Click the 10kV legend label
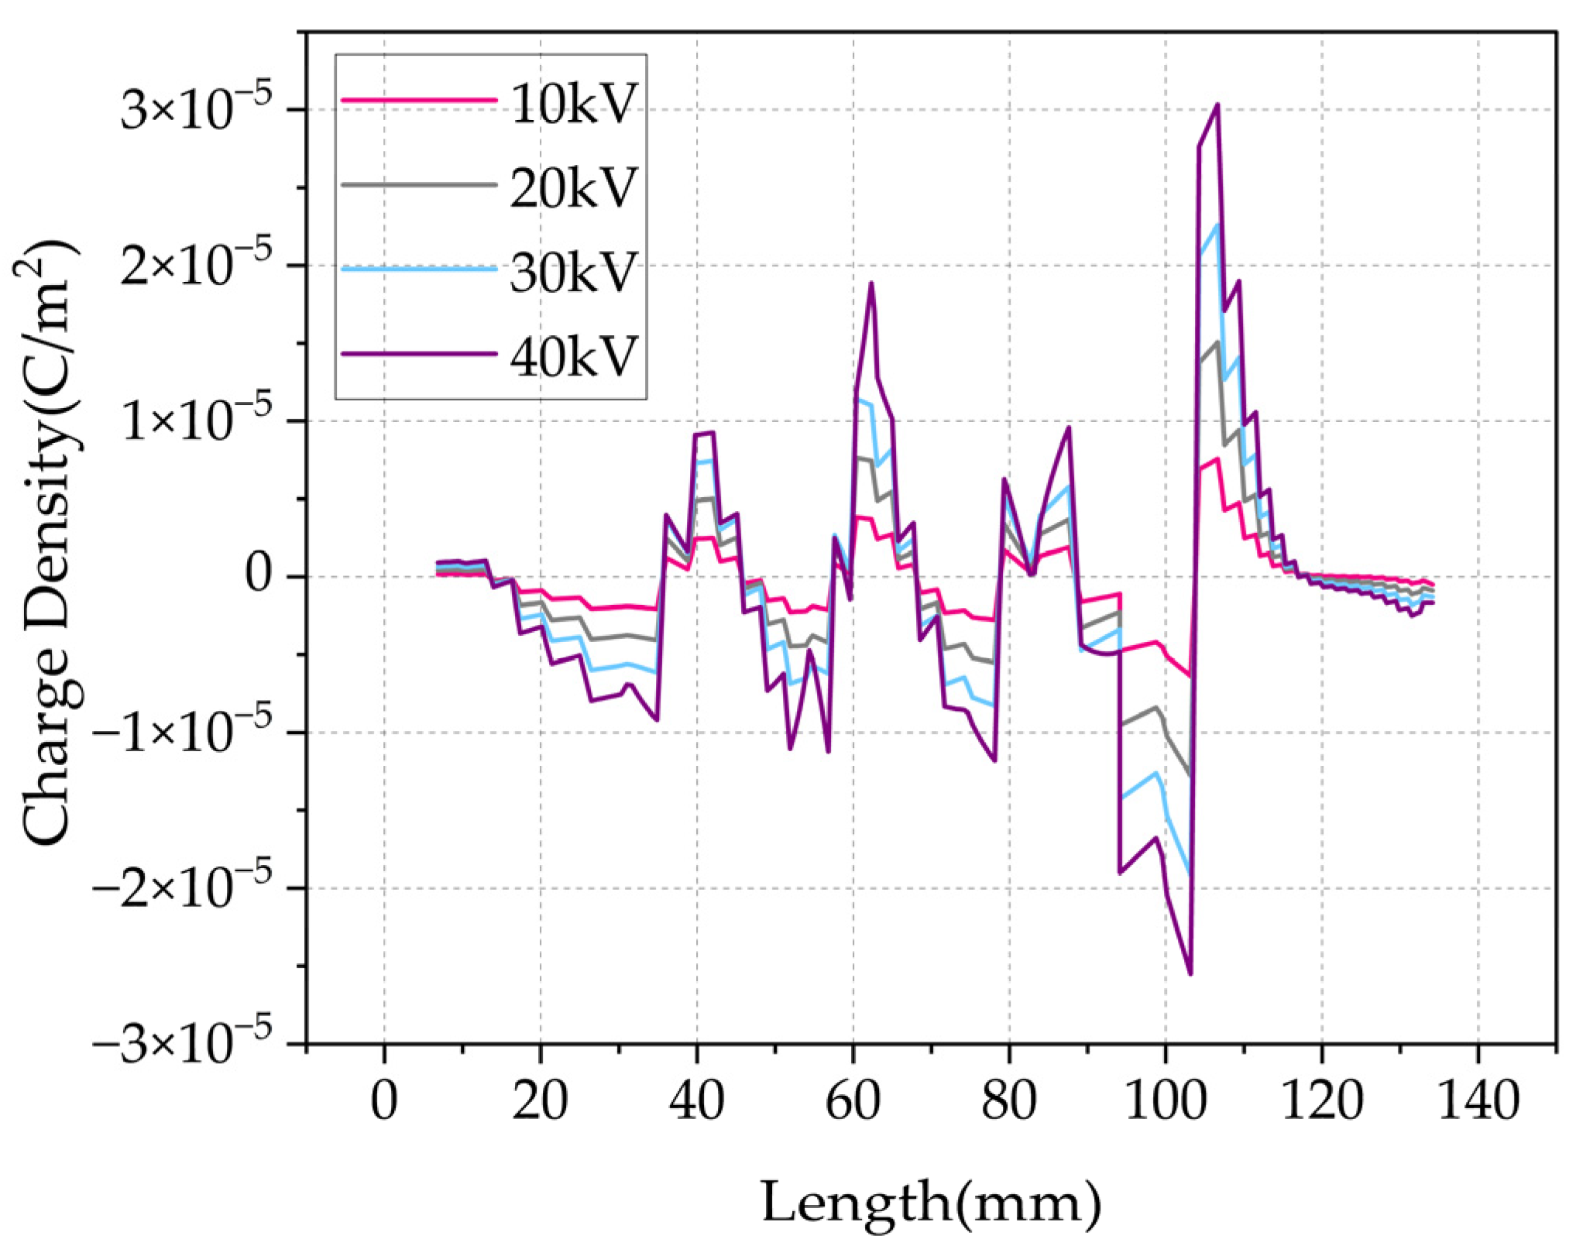573,104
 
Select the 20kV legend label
573,188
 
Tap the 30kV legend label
573,273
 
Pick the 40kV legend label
573,357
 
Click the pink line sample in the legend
418,100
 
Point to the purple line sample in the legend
418,354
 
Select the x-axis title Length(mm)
930,1203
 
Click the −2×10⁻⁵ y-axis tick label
183,887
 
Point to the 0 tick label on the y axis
261,575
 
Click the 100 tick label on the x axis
1165,1101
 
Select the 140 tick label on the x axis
1478,1101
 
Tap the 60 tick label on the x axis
853,1101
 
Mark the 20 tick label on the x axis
540,1101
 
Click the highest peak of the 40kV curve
1217,105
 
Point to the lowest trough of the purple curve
1190,973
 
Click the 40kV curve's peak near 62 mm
871,283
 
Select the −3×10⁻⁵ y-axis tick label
183,1044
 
